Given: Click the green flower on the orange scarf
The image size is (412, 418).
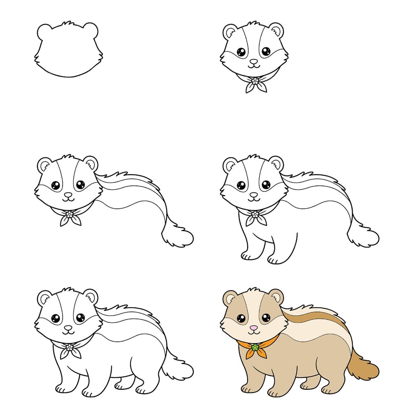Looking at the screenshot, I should coord(255,347).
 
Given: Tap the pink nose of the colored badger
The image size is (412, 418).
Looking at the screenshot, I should coord(254,328).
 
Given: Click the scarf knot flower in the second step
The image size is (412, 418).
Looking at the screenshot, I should coord(255,81).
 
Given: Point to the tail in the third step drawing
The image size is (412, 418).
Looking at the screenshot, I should coord(177,236).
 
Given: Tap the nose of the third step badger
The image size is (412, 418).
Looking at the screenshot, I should coord(68,194).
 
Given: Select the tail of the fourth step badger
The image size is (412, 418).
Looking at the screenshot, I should coord(363,236).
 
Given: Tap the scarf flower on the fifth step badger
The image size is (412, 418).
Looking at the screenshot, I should coord(69,347).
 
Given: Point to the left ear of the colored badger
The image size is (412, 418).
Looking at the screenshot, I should coord(230,298).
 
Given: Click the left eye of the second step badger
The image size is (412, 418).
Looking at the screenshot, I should coord(241,52).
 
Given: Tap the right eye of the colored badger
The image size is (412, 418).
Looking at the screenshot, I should coord(266,317).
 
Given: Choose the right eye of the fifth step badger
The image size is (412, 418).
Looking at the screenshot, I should coord(80,317).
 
